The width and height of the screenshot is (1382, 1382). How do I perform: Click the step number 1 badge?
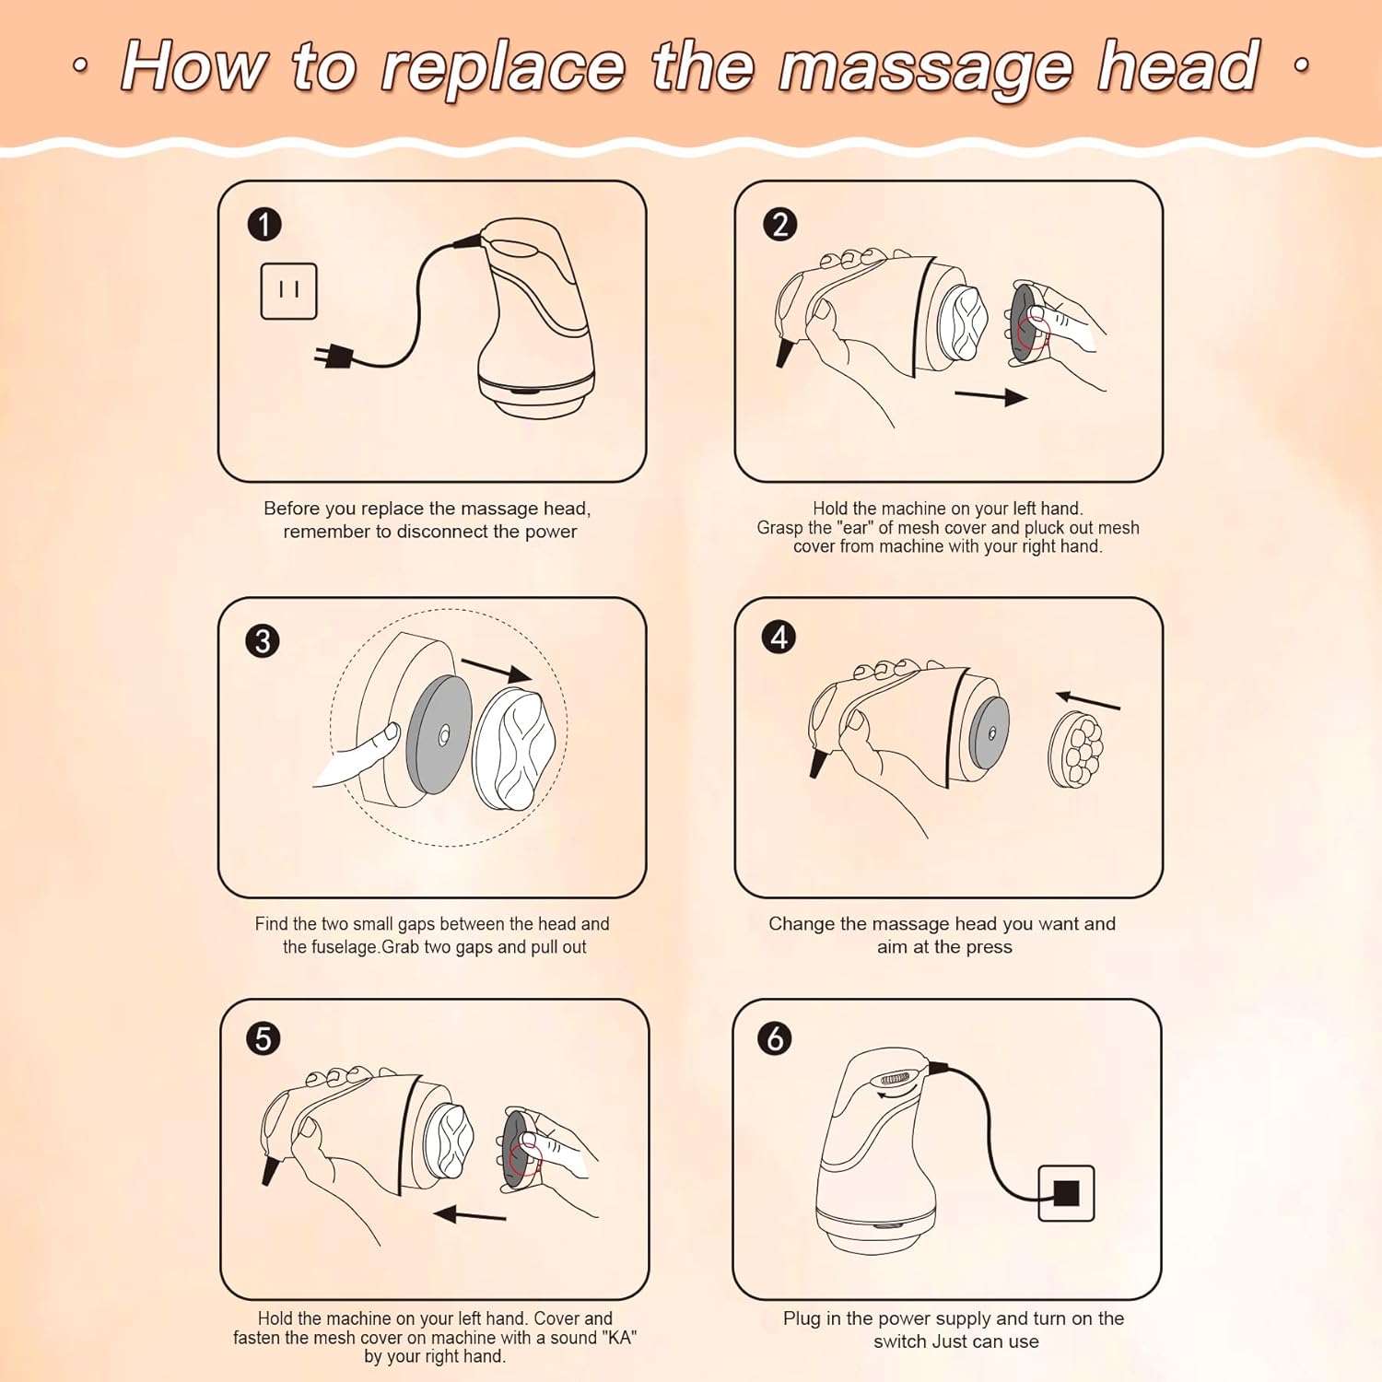point(264,225)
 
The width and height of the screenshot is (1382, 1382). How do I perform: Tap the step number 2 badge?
point(780,225)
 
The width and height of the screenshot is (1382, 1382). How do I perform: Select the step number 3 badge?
point(263,640)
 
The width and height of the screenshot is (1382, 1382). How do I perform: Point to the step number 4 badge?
point(779,637)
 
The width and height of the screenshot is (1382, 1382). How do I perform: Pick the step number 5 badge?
point(264,1038)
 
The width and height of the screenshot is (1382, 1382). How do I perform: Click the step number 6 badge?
point(775,1038)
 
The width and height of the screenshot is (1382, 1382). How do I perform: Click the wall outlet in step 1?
point(288,291)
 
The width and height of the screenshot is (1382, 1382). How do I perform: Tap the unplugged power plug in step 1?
point(334,356)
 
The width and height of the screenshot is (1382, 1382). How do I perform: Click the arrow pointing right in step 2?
point(991,397)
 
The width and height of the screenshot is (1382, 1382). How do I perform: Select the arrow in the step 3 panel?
point(497,670)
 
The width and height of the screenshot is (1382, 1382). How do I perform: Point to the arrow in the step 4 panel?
point(1088,700)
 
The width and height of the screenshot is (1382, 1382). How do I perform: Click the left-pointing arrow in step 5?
point(470,1214)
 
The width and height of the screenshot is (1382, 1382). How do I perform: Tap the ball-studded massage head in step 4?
point(1075,750)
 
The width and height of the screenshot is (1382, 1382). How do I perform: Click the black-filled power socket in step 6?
point(1066,1193)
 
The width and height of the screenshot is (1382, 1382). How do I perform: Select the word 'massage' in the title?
point(926,68)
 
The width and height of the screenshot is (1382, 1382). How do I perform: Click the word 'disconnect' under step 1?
point(442,532)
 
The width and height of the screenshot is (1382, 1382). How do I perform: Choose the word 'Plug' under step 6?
point(802,1319)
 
